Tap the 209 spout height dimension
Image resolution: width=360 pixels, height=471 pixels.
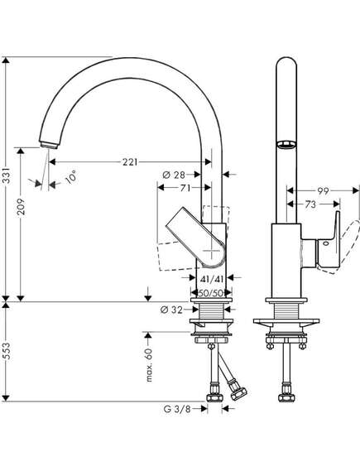[x=21, y=206]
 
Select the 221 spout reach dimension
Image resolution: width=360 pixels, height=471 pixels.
[x=130, y=162]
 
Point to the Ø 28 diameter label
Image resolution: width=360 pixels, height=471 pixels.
[x=174, y=175]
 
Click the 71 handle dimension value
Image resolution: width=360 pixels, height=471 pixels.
[x=185, y=188]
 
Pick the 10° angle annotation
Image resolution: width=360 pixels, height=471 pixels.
[x=71, y=176]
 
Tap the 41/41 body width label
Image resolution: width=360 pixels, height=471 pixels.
[x=212, y=279]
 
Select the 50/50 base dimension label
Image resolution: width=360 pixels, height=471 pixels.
[x=212, y=293]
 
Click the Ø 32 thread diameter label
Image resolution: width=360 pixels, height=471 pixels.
[x=171, y=310]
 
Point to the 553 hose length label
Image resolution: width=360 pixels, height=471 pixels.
[x=7, y=352]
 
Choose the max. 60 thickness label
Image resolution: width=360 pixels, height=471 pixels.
[x=149, y=365]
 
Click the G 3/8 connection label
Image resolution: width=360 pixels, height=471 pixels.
[x=177, y=409]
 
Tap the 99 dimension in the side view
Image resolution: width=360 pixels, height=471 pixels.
[x=323, y=191]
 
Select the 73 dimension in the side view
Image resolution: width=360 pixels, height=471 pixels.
[x=310, y=204]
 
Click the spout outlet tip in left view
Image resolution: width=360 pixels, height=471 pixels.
[x=49, y=145]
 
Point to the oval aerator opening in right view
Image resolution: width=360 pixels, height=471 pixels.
[x=286, y=145]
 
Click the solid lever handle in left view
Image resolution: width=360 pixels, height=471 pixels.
[x=195, y=237]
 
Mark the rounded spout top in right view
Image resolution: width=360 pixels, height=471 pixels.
[x=286, y=62]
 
